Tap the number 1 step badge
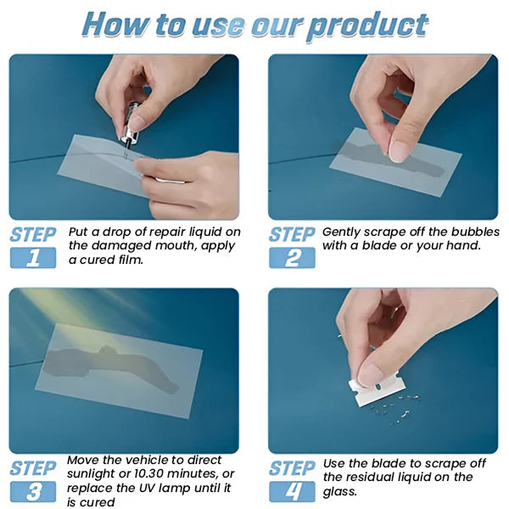[32, 258]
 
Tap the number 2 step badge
[292, 258]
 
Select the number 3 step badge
[32, 491]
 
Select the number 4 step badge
[292, 491]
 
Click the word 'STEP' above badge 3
[33, 468]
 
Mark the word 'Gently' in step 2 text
[344, 232]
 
